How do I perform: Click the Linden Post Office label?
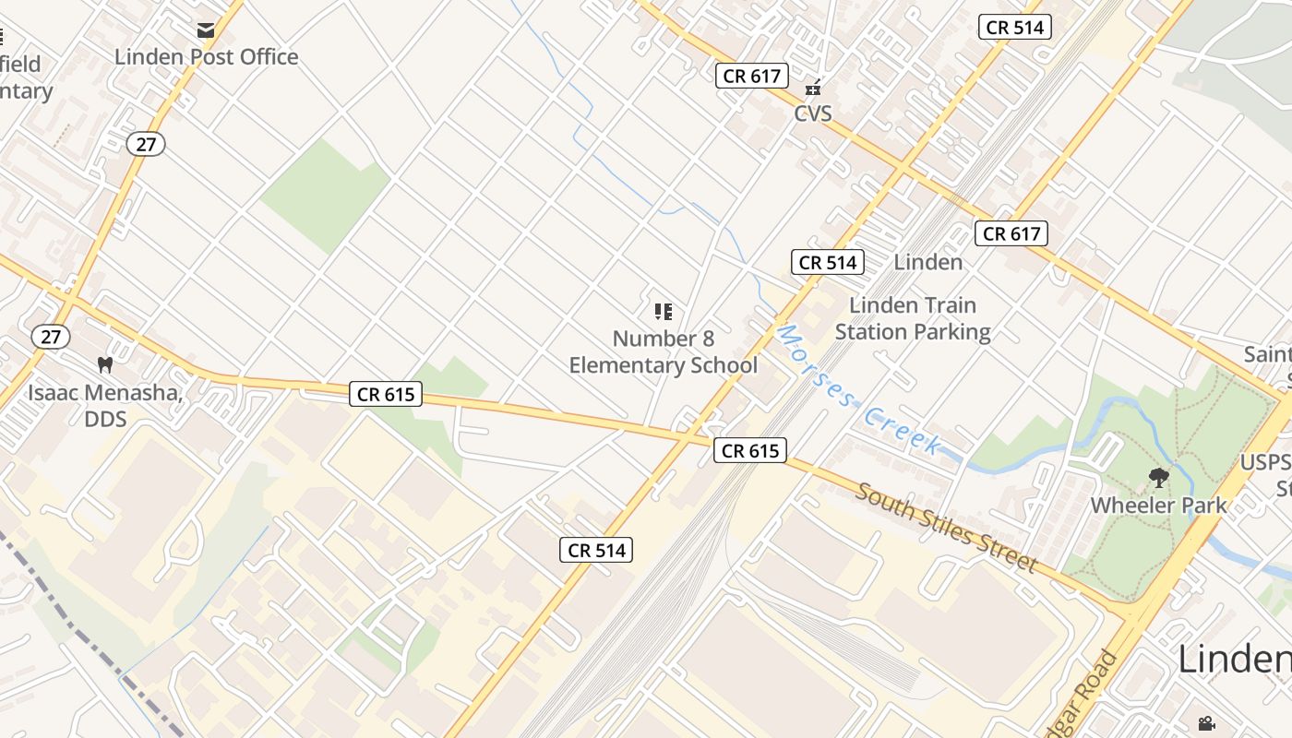click(206, 57)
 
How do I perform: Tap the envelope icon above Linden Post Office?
click(206, 30)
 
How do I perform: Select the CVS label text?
click(812, 113)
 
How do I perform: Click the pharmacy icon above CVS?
click(812, 89)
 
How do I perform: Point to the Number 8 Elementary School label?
click(663, 352)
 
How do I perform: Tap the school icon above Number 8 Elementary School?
click(663, 312)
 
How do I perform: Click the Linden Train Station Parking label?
click(912, 318)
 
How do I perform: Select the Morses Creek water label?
click(857, 390)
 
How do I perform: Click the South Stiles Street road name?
click(947, 527)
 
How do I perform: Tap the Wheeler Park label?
click(1158, 506)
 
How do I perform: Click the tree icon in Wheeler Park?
click(1158, 478)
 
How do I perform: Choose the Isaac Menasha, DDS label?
click(104, 406)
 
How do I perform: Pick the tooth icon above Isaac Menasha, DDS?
click(104, 365)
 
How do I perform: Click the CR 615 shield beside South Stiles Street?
click(749, 450)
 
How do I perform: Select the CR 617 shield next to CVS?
click(751, 76)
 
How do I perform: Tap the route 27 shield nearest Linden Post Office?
click(146, 144)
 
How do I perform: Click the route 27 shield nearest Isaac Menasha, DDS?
click(50, 337)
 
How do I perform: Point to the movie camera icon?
click(1205, 724)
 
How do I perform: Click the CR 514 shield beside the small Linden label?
click(828, 262)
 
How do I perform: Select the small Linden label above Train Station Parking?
click(927, 262)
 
